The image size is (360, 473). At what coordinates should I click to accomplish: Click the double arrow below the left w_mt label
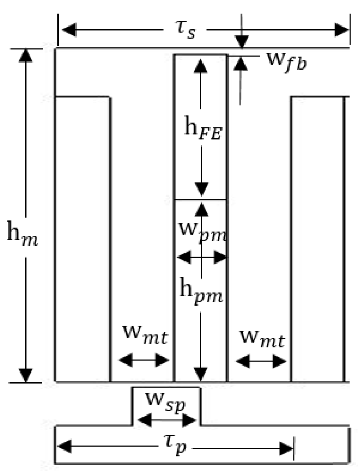tap(144, 360)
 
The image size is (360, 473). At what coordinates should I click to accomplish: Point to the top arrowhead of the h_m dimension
tap(25, 55)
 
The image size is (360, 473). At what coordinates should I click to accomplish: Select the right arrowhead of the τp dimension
tap(286, 448)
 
